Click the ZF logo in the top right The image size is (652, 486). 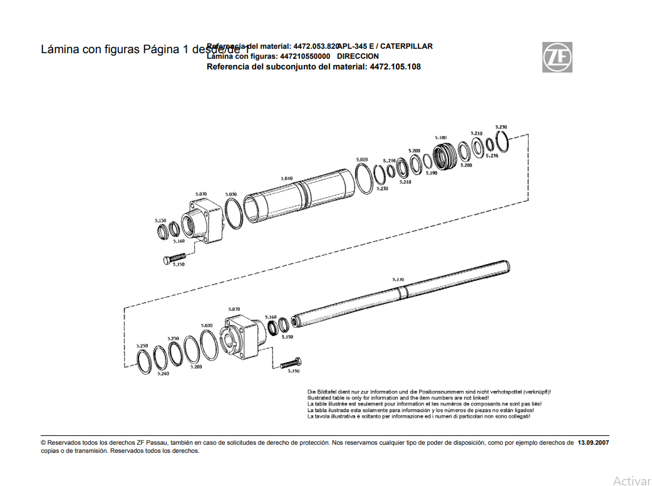point(557,57)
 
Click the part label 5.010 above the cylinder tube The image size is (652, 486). point(286,178)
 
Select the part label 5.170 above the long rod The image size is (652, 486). point(398,280)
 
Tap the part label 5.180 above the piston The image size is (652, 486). point(441,138)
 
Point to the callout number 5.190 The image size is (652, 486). point(431,173)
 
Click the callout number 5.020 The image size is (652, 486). point(361,159)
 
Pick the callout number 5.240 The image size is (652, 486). point(163,373)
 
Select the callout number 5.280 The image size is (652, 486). point(196,367)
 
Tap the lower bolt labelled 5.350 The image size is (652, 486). point(291,363)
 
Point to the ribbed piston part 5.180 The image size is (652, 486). point(445,156)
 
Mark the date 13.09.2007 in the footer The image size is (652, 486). point(592,442)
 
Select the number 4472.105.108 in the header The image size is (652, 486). point(395,66)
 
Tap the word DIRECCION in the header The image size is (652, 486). point(358,56)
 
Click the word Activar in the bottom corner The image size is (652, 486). point(631,480)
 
